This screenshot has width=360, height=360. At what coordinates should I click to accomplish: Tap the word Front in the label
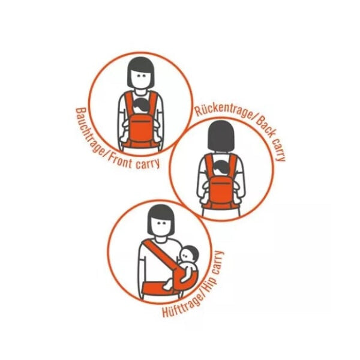coord(120,161)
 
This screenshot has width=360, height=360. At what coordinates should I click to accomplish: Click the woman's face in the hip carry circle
coord(161,226)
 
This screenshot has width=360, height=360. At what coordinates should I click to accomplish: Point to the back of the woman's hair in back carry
coord(221,135)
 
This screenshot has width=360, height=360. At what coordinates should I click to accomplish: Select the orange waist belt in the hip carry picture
coord(158,289)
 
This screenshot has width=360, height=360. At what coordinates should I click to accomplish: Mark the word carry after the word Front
coord(148,164)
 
